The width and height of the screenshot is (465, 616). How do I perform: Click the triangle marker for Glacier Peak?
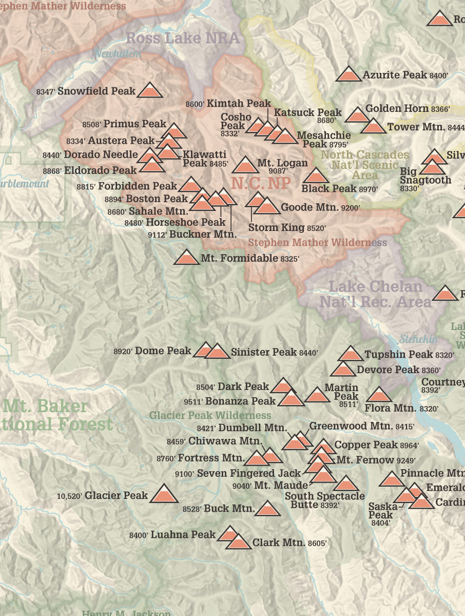click(x=164, y=495)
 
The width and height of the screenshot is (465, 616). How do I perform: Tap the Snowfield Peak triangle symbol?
click(x=149, y=91)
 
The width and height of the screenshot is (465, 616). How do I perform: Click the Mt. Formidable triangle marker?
click(x=186, y=258)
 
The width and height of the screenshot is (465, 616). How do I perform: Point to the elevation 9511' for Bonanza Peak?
click(x=195, y=401)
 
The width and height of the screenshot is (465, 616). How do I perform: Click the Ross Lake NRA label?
click(x=183, y=38)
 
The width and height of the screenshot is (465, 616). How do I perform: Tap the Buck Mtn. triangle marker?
click(x=267, y=509)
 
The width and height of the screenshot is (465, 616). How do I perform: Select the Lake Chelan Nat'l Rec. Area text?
click(x=375, y=294)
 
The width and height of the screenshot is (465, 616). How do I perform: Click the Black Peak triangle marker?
click(x=316, y=177)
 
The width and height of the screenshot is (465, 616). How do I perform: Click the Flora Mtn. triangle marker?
click(x=379, y=395)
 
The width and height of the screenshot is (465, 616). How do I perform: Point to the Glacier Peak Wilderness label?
click(x=210, y=415)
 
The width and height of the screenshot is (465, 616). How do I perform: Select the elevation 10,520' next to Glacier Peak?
click(x=69, y=496)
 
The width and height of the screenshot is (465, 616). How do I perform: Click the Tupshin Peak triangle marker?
click(x=351, y=354)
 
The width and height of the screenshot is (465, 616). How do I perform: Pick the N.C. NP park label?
click(x=261, y=183)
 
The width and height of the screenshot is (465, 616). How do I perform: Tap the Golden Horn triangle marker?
click(x=357, y=115)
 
